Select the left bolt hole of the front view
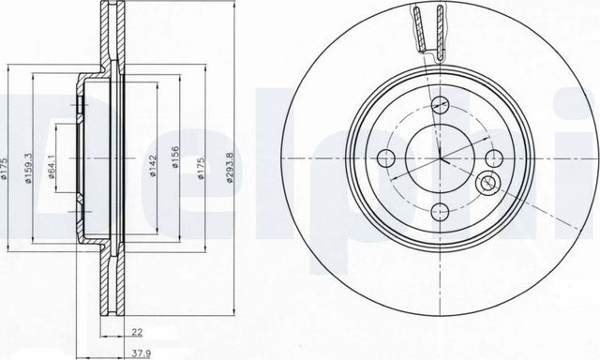pyautogui.click(x=384, y=157)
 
